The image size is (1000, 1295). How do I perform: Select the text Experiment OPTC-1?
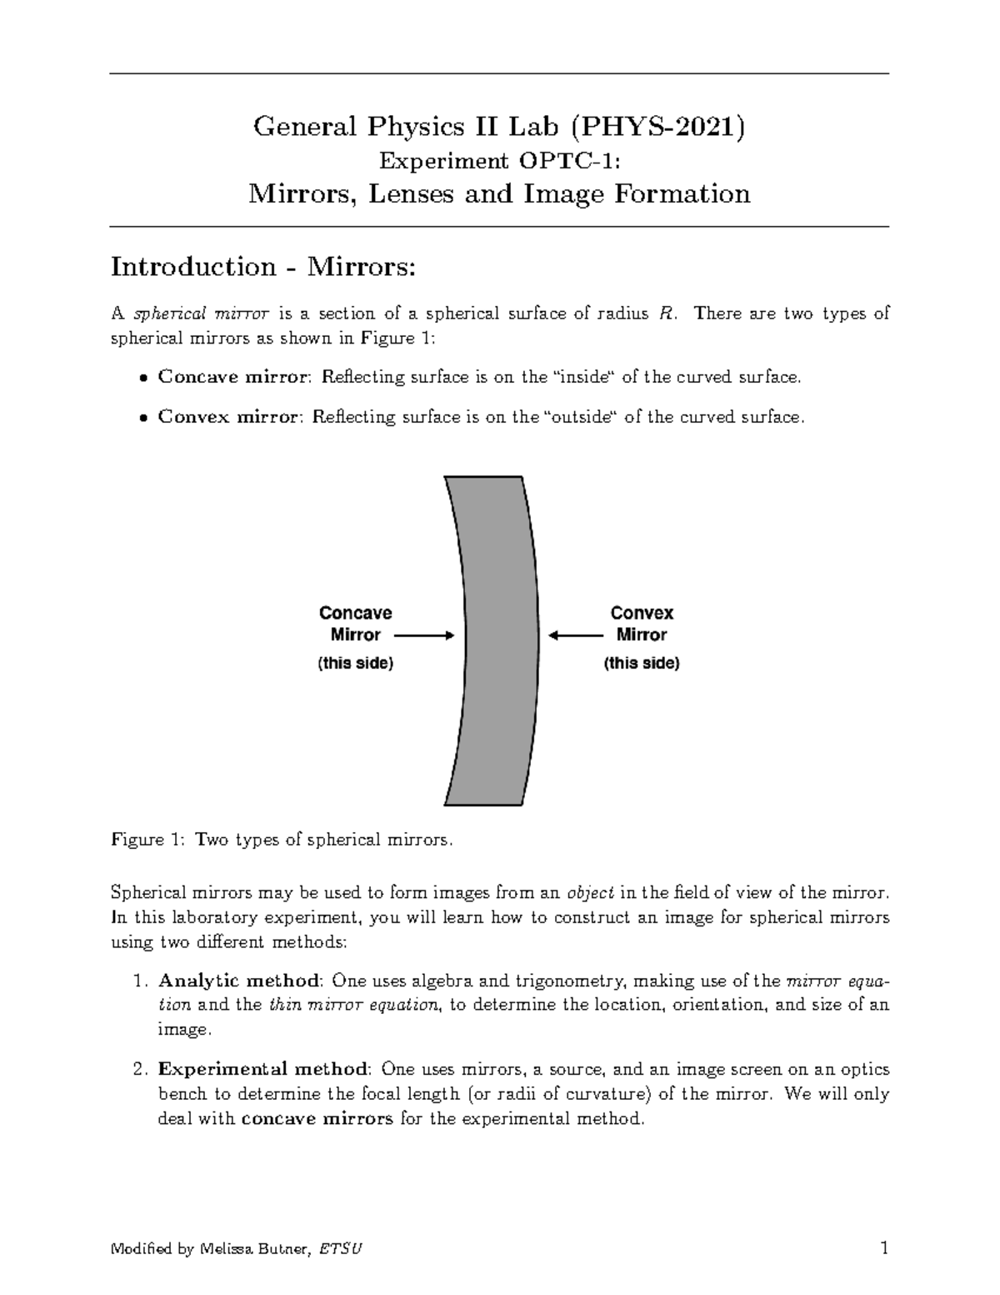click(x=500, y=160)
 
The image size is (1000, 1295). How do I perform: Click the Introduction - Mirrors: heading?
click(x=262, y=267)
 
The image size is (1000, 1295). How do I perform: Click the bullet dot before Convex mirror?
click(x=144, y=418)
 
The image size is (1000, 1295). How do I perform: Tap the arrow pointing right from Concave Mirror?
click(x=423, y=635)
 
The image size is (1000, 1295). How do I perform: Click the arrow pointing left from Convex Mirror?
click(x=575, y=635)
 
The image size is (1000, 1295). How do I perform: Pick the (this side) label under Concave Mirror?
click(x=355, y=664)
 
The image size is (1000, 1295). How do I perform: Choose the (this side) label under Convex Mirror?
click(x=642, y=664)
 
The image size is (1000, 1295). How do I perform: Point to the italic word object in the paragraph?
click(x=590, y=893)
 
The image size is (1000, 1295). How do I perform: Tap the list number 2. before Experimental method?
click(x=140, y=1069)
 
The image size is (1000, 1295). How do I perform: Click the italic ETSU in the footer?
click(x=340, y=1250)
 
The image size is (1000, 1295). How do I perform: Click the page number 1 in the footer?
click(x=883, y=1248)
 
